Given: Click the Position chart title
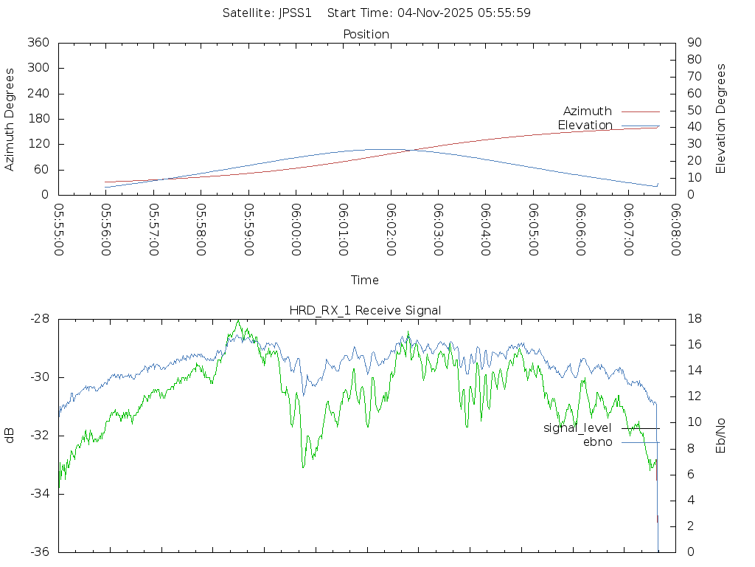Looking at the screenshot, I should (366, 34).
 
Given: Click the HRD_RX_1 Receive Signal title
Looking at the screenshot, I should (365, 310).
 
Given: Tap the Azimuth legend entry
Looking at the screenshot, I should (588, 111).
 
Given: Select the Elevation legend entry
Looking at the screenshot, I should (585, 125).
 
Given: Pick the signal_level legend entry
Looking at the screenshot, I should (577, 427).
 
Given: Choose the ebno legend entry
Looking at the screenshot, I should (597, 441).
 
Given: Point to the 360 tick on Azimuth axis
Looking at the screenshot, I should (38, 43).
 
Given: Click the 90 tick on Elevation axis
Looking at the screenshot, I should (693, 43).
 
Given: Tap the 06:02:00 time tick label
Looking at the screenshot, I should (391, 229).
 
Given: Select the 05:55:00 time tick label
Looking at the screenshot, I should (59, 229).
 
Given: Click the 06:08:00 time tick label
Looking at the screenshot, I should (675, 229).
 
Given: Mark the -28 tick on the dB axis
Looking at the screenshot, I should (39, 319).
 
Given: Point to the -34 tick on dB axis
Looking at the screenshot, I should (39, 494).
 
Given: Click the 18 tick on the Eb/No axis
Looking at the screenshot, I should (693, 319).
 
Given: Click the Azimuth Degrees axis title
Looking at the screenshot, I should (10, 119).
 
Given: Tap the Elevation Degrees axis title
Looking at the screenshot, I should (721, 119).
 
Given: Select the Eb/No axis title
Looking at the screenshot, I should (721, 436).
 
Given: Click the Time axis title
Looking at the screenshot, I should (365, 280).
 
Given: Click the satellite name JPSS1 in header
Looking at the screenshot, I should (293, 13).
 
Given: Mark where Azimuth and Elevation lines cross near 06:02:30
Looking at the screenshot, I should (410, 150).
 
